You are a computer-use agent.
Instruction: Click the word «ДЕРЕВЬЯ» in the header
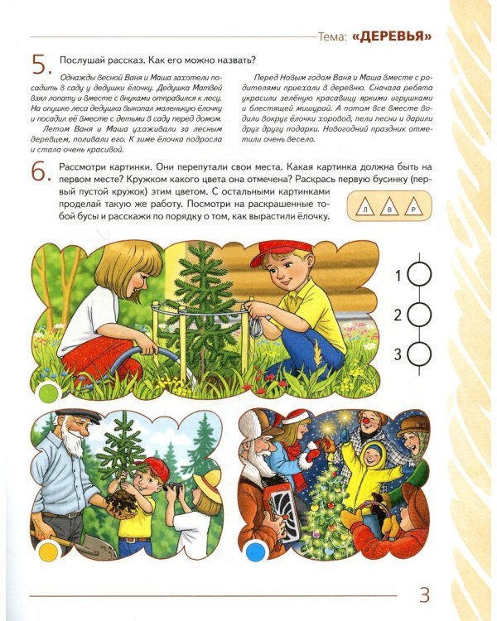tap(392, 36)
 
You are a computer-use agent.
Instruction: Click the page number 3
tap(423, 595)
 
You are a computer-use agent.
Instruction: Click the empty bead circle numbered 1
tap(419, 275)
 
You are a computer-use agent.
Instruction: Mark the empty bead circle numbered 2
tap(419, 315)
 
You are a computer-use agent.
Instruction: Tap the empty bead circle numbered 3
tap(419, 354)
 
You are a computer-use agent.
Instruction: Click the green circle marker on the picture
tap(48, 392)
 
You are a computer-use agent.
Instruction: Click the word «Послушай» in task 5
tap(79, 60)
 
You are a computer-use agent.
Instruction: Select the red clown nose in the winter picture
tap(366, 418)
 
